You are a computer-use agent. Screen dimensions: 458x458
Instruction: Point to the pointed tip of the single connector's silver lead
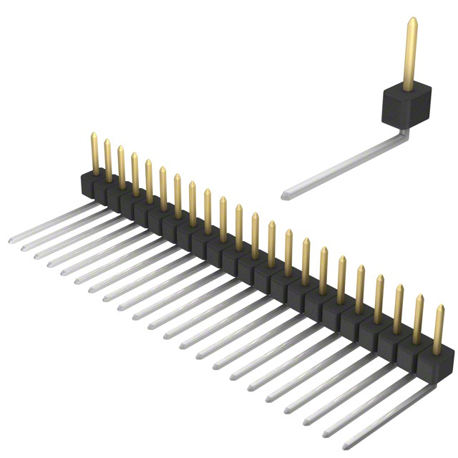(285, 195)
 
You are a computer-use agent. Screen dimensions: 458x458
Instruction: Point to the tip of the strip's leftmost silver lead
(11, 240)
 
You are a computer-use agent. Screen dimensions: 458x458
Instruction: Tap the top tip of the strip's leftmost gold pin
(93, 135)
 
